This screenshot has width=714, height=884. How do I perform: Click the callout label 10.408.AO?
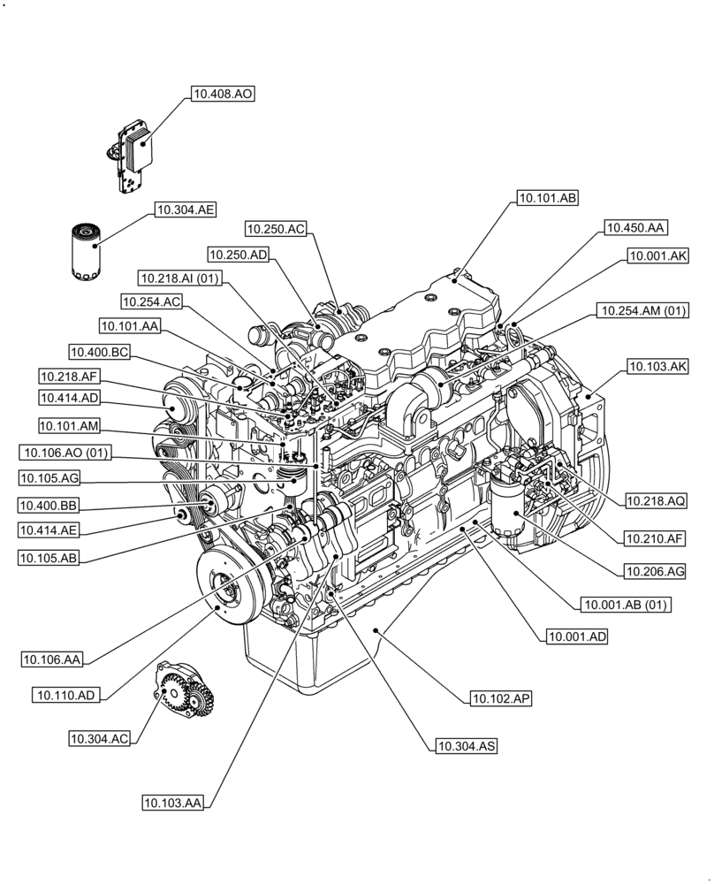(x=223, y=92)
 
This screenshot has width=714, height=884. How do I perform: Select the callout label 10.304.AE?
(x=186, y=210)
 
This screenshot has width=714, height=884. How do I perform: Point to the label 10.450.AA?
(x=635, y=228)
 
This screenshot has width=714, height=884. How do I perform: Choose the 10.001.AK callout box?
(x=657, y=256)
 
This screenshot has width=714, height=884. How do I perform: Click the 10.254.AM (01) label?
(x=643, y=310)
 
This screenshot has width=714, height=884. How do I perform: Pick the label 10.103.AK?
(x=657, y=365)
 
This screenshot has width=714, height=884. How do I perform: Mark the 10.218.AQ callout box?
(x=657, y=500)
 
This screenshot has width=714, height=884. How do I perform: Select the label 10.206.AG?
(x=655, y=572)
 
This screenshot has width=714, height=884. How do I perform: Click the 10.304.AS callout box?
(x=466, y=747)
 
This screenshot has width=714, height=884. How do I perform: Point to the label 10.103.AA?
(x=173, y=803)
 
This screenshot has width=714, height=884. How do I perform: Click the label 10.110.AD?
(x=66, y=695)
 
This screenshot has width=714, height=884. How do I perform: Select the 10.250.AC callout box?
(x=276, y=229)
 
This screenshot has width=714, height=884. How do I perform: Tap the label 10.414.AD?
(x=70, y=398)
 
